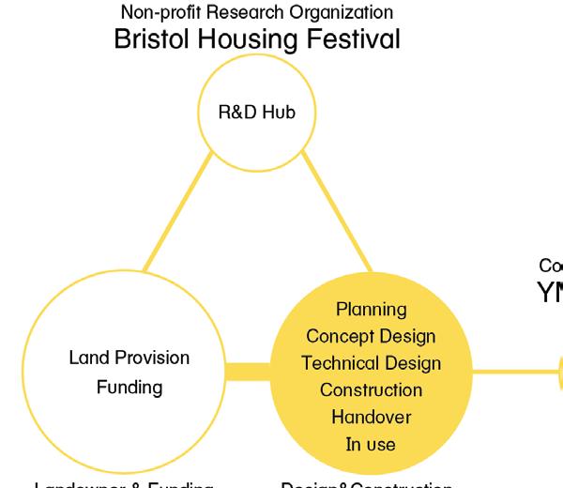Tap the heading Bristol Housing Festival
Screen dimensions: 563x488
click(x=256, y=40)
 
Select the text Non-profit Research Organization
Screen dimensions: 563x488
click(x=256, y=13)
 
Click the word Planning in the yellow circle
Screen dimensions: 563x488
click(x=371, y=309)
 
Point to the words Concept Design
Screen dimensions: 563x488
click(x=371, y=336)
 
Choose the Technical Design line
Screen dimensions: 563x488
click(x=371, y=363)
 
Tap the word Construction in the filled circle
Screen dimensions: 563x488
click(x=371, y=389)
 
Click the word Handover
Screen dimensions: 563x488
click(x=371, y=417)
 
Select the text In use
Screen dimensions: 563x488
click(x=371, y=444)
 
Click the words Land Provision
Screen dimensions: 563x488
click(x=129, y=358)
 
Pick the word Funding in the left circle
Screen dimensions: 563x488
click(x=129, y=387)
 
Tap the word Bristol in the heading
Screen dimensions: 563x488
click(x=149, y=40)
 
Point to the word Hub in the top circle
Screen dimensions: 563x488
click(x=279, y=114)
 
